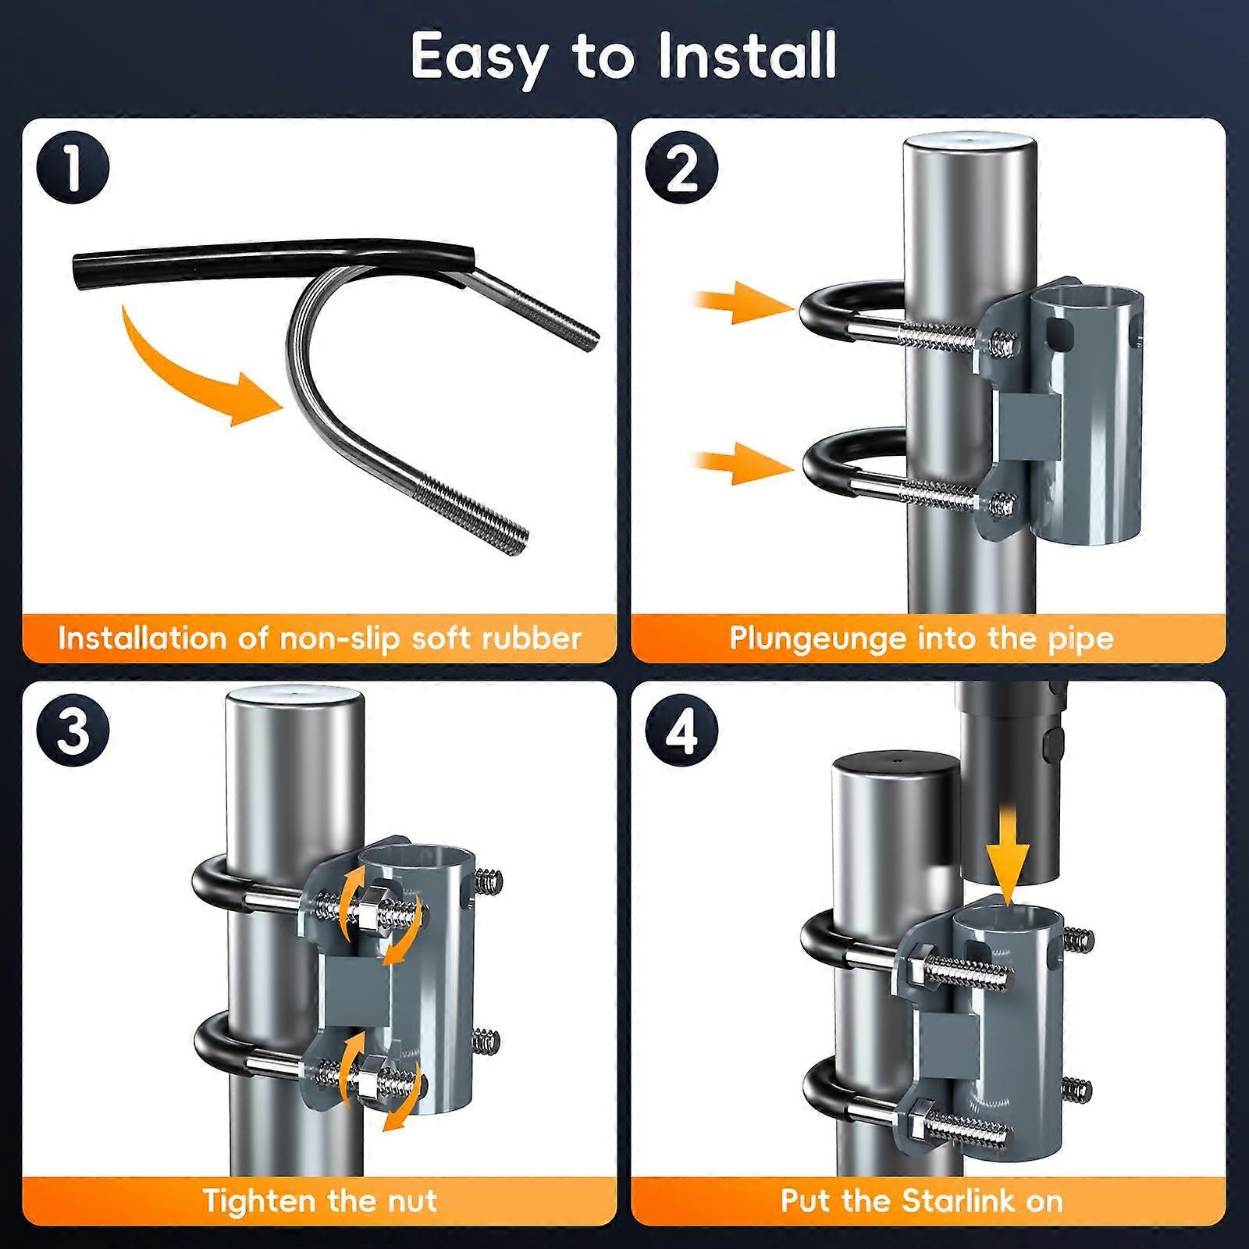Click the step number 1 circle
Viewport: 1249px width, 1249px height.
click(73, 168)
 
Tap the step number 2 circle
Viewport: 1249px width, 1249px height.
click(681, 168)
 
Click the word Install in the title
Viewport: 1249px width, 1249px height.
click(748, 56)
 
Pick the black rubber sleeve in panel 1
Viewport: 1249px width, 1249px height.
click(273, 262)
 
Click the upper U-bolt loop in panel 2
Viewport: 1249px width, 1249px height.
click(820, 316)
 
